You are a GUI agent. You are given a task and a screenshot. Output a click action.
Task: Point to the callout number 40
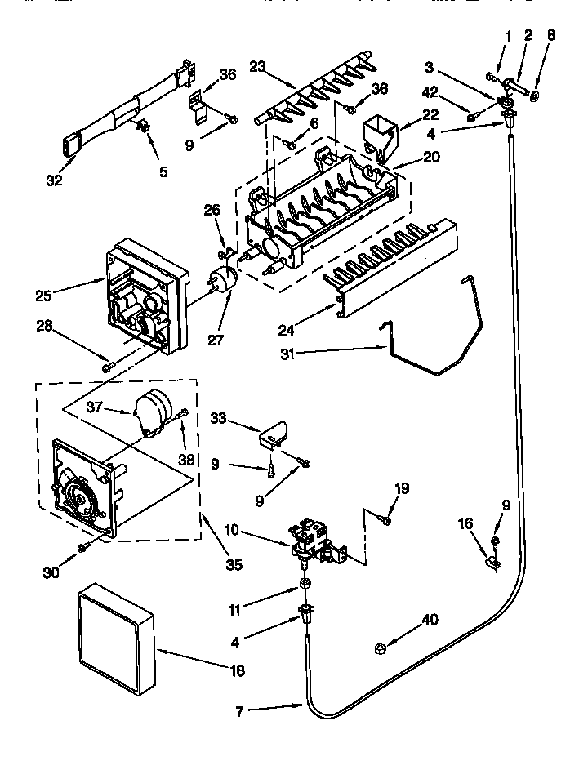pos(430,620)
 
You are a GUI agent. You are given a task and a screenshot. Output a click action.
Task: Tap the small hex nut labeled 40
pos(379,648)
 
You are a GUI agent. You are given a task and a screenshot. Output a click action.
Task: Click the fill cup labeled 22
pos(376,135)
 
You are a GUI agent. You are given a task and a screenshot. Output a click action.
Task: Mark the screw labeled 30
pos(82,545)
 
